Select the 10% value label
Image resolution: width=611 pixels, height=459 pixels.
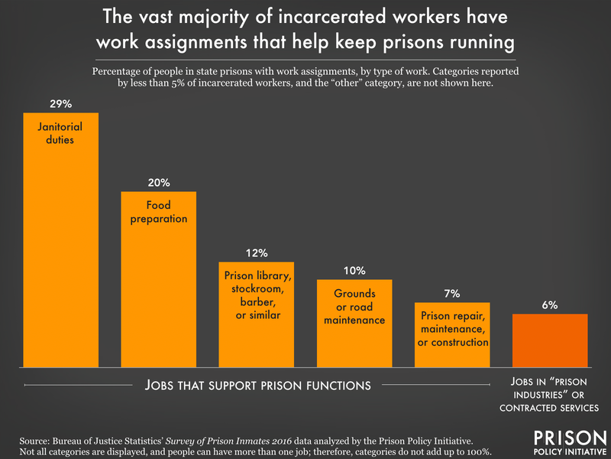pyautogui.click(x=354, y=270)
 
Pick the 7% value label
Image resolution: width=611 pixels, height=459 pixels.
pyautogui.click(x=452, y=294)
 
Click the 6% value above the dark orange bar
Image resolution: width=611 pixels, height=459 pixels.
pyautogui.click(x=550, y=304)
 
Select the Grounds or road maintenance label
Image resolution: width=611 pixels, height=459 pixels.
pyautogui.click(x=354, y=306)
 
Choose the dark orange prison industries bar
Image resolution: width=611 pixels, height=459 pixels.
pyautogui.click(x=550, y=340)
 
